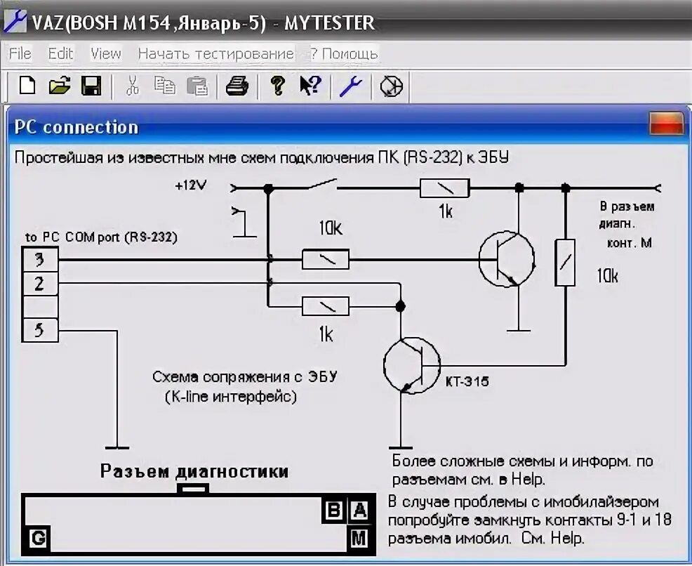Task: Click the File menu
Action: pos(20,53)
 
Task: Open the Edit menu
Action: pos(60,53)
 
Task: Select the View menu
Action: pos(106,53)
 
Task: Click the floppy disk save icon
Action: pos(91,86)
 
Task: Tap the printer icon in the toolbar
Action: pos(237,86)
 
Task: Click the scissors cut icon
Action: pos(132,86)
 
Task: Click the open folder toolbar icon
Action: pos(60,86)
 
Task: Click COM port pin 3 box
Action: pos(39,260)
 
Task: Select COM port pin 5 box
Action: pos(39,329)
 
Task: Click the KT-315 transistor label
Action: pos(467,382)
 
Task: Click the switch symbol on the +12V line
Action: pos(322,185)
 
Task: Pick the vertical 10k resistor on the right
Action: pos(565,262)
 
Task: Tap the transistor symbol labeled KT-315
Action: pos(411,365)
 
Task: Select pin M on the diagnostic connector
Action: pos(359,539)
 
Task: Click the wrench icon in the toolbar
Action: pos(350,86)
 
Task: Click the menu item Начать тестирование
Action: pos(215,53)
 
